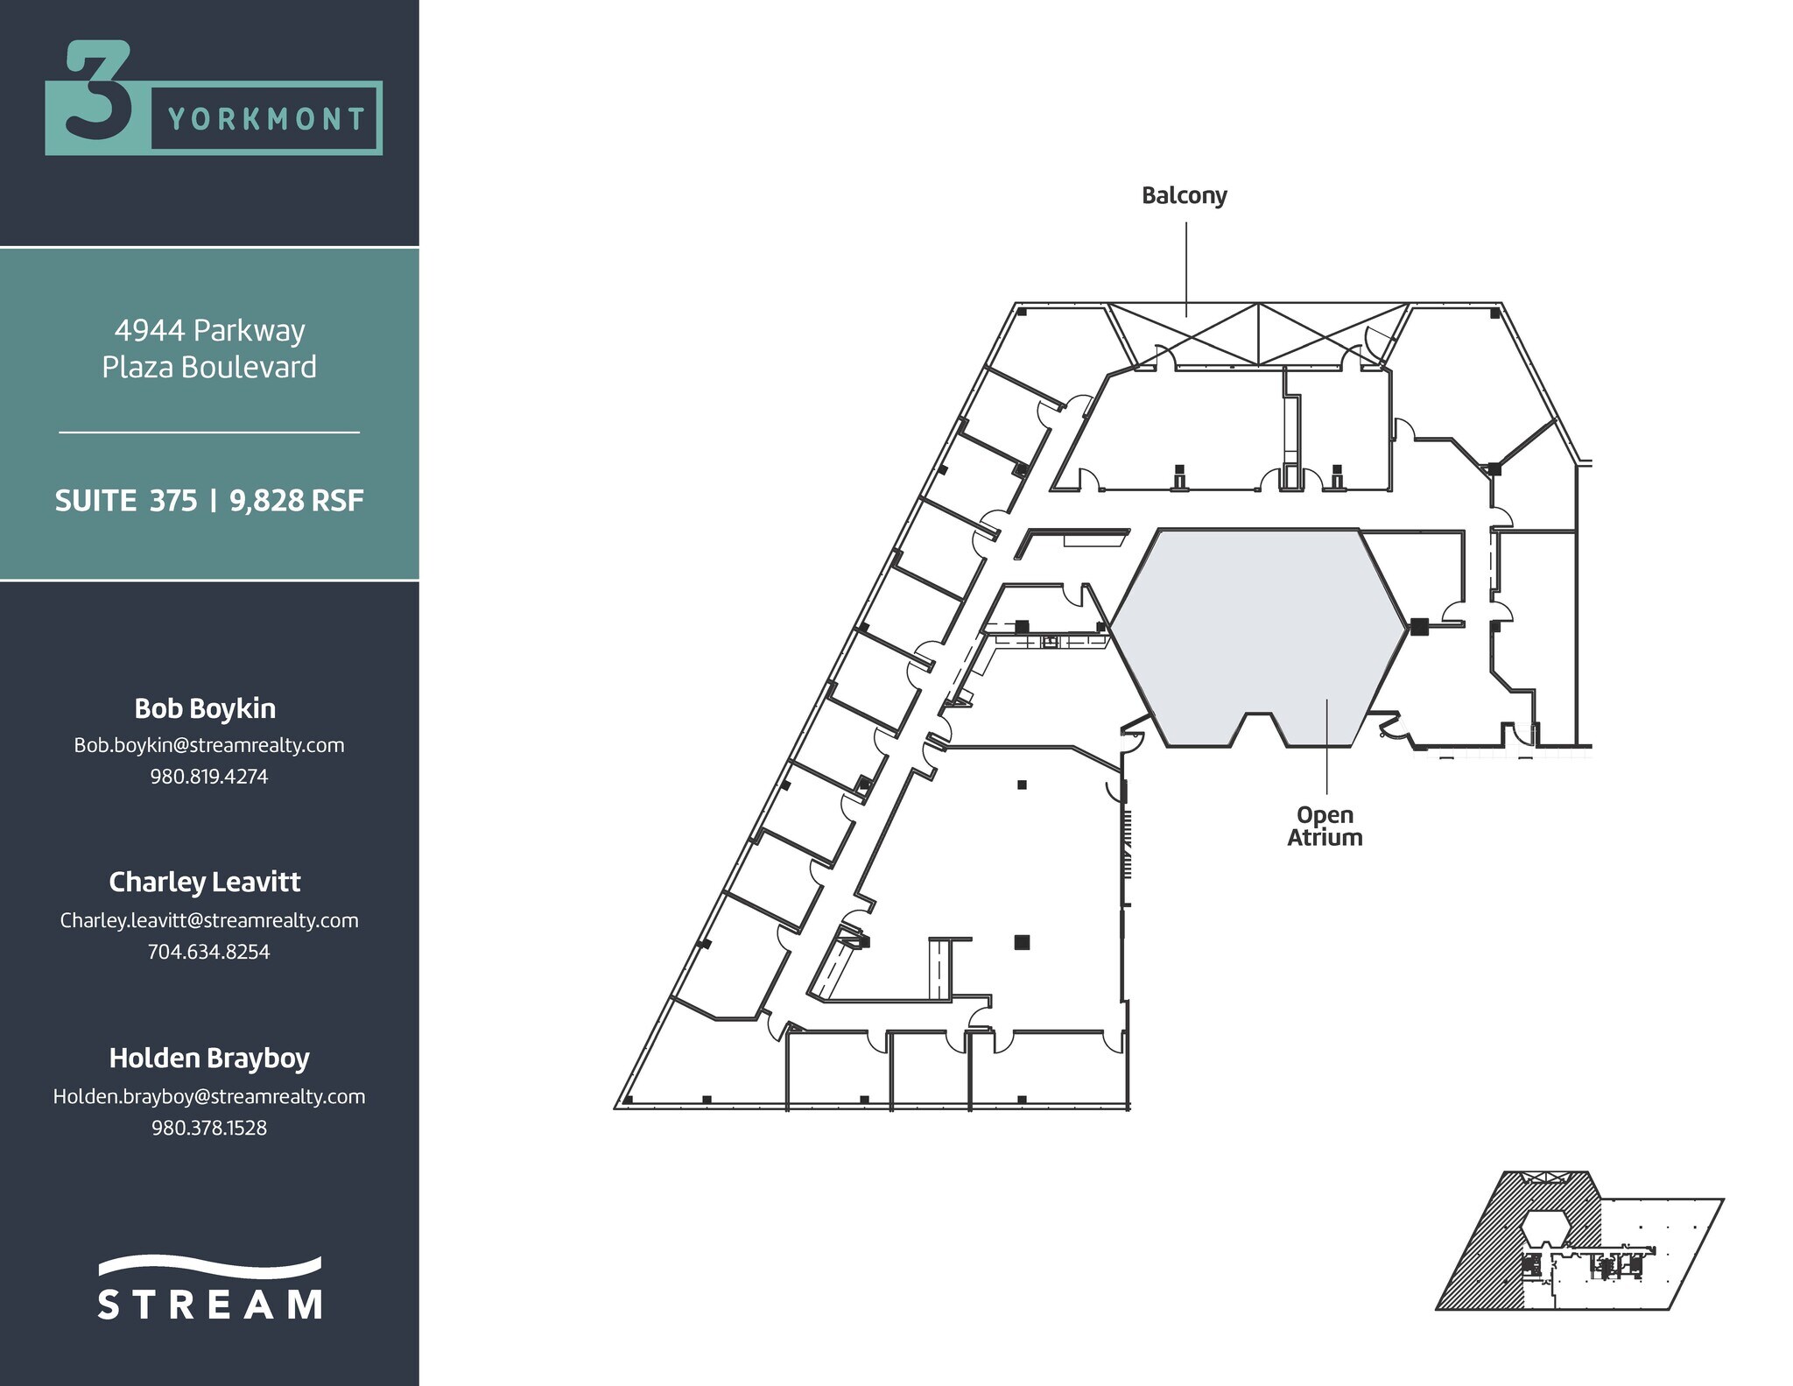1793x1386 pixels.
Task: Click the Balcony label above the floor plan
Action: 1184,195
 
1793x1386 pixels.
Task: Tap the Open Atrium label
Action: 1325,827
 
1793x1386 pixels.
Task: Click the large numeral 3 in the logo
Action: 98,92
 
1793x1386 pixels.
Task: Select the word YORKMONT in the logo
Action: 266,118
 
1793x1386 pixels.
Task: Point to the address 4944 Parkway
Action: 209,330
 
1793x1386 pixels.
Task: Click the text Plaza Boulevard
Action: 209,367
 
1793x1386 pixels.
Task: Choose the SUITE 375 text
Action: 126,501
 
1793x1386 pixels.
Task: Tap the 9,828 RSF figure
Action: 296,501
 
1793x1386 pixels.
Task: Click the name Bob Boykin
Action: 205,708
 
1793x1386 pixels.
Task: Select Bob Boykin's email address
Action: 209,745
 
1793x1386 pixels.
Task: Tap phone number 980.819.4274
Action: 209,777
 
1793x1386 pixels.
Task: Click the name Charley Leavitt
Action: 205,882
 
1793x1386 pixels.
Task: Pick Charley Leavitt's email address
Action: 209,920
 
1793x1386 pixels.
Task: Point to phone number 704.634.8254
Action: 209,952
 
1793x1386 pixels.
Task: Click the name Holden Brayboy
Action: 209,1058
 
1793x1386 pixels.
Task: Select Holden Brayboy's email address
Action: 209,1096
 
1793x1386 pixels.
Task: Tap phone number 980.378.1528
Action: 209,1128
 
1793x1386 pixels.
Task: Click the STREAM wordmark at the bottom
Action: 209,1304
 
